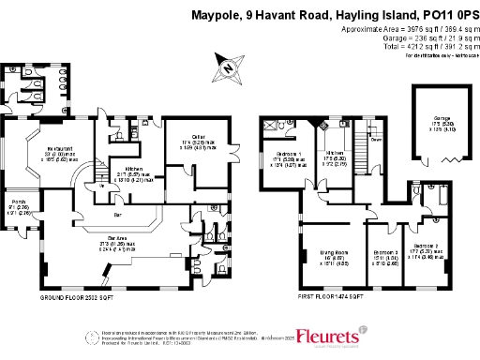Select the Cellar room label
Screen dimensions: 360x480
pyautogui.click(x=192, y=138)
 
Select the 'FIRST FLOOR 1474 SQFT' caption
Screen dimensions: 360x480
pyautogui.click(x=335, y=296)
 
